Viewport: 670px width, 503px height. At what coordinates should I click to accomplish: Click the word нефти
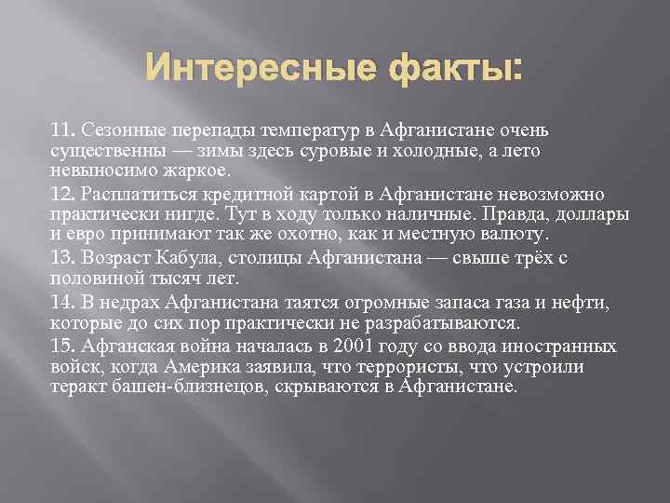(583, 303)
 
